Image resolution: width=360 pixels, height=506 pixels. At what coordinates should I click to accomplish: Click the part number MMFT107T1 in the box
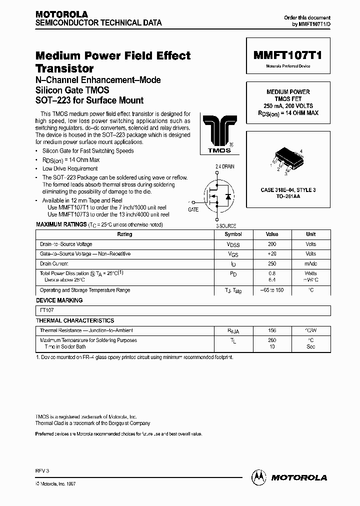coord(287,56)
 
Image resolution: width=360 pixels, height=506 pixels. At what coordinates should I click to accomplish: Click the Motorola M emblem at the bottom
coord(258,477)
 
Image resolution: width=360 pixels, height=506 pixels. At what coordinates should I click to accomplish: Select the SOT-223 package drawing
coord(287,160)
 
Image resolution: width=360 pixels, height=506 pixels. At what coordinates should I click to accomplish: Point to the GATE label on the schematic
coord(193,210)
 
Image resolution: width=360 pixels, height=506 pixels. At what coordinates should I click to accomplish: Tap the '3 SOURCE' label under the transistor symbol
coord(226,226)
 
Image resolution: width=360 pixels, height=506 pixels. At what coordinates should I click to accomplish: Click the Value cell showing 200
coord(272,244)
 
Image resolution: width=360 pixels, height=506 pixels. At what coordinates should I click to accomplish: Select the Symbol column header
coord(233,234)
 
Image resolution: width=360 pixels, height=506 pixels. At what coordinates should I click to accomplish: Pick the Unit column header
coord(310,234)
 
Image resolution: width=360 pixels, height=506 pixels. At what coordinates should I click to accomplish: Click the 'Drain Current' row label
coord(54,263)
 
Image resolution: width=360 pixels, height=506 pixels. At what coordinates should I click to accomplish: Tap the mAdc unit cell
coord(310,263)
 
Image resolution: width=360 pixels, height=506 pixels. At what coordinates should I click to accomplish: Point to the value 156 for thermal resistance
coord(272,330)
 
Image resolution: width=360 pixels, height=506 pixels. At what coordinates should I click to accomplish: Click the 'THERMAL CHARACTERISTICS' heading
coord(75,320)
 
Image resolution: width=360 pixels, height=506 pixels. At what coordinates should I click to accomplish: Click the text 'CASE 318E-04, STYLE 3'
coord(287,190)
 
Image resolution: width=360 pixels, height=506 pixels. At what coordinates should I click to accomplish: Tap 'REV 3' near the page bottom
coord(42,471)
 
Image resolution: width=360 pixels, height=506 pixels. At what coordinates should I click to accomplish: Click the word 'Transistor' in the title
coord(64,68)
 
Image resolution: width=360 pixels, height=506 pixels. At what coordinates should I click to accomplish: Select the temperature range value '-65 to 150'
coord(272,290)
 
